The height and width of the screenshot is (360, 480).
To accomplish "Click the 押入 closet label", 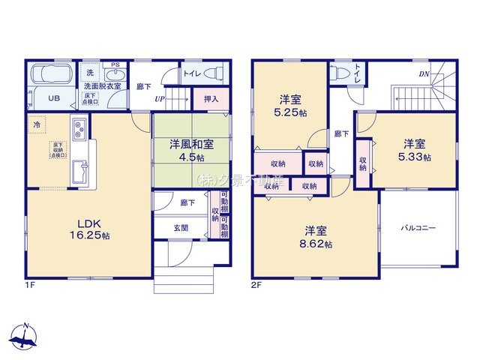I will click(211, 98).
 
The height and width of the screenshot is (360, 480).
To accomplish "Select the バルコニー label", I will click(418, 226).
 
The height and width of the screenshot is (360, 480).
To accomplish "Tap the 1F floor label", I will click(29, 286).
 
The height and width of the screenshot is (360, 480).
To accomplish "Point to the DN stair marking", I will click(424, 73).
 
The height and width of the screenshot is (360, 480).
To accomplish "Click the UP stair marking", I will click(160, 98).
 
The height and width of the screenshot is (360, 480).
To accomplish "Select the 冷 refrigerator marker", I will click(37, 126).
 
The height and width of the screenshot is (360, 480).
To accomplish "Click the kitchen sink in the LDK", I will click(80, 171).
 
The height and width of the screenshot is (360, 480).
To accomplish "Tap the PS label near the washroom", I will click(115, 64).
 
